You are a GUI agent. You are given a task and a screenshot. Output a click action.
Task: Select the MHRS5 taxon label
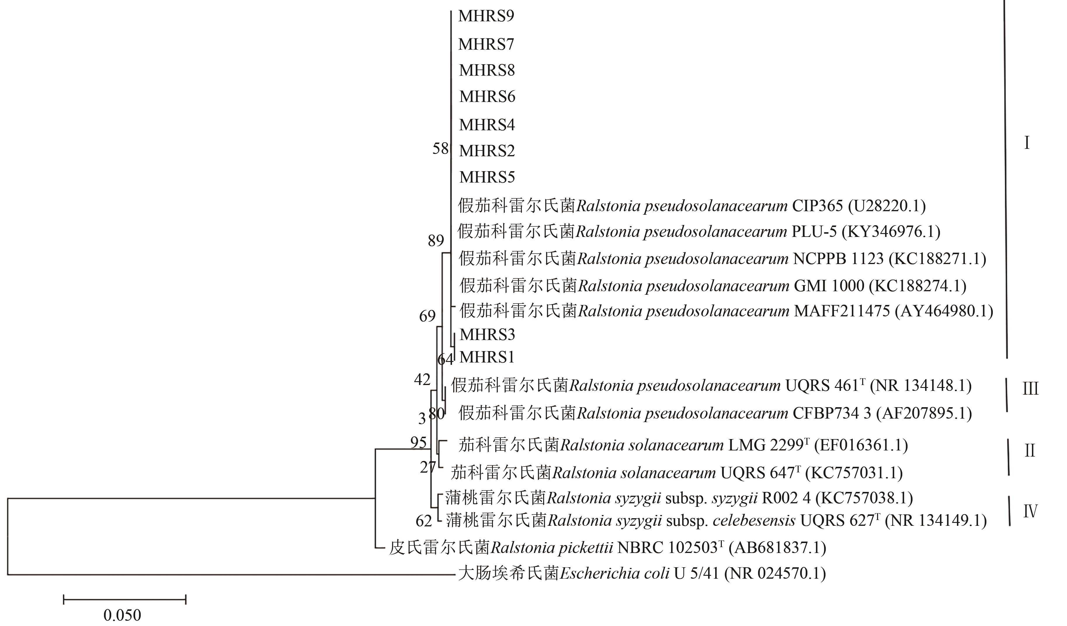(487, 177)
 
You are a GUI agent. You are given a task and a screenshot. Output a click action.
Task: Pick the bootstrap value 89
(436, 241)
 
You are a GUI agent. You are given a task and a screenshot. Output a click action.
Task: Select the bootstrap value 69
(427, 316)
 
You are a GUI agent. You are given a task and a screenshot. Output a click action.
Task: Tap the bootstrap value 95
(418, 443)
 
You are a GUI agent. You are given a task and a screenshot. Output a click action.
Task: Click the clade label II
(1030, 451)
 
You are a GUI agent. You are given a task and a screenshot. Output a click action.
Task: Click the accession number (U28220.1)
(887, 206)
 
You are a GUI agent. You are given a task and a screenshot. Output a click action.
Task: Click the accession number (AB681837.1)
(777, 548)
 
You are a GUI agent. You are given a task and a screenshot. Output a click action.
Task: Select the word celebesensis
(754, 521)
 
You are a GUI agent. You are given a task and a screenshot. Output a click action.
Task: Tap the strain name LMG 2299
(766, 445)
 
